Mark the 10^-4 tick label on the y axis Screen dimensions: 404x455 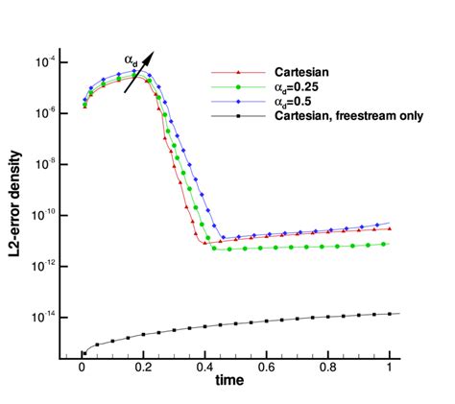pos(46,62)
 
